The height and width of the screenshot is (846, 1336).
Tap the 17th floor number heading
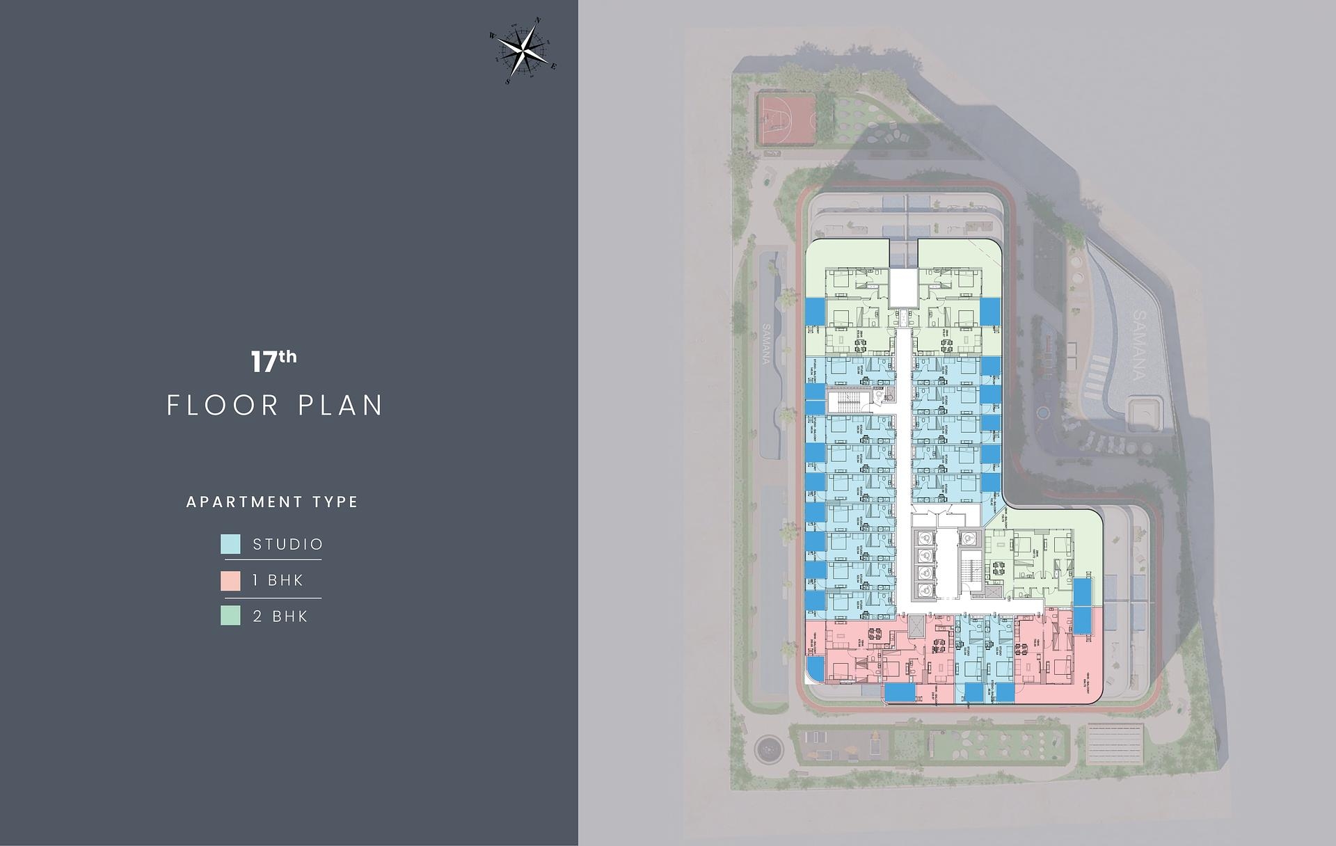tap(273, 361)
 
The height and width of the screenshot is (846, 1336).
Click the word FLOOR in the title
tap(223, 406)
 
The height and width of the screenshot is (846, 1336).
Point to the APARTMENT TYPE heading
tap(272, 502)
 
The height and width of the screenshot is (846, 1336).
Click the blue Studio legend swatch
tap(230, 544)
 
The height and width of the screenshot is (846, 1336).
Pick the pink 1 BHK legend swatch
tap(230, 580)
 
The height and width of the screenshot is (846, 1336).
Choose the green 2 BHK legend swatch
tap(230, 616)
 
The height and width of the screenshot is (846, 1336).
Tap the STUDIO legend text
tap(288, 544)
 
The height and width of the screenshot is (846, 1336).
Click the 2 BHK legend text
tap(280, 616)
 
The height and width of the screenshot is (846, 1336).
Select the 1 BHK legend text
tap(278, 580)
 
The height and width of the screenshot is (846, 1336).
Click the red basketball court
tap(786, 120)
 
